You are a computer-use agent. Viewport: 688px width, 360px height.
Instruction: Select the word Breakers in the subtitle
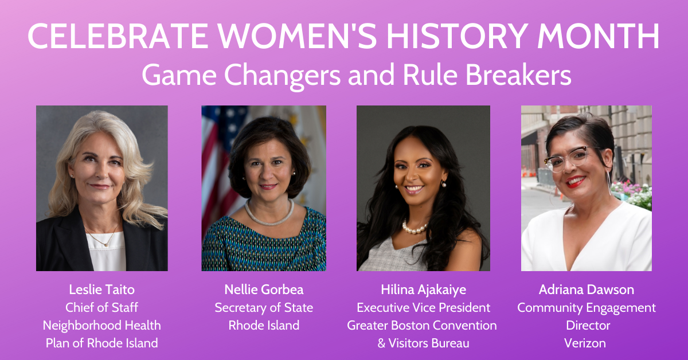[518, 75]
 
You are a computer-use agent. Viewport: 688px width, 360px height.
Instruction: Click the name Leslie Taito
[101, 289]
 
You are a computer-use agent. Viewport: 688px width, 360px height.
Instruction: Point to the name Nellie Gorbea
[264, 289]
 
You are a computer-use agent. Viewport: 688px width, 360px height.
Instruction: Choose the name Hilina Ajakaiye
[423, 290]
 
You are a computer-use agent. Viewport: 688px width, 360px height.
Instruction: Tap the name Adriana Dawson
[587, 289]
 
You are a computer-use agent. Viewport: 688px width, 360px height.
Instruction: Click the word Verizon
[585, 343]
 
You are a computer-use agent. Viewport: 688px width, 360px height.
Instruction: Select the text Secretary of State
[264, 308]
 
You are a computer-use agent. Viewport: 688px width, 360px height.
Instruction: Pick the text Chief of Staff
[101, 307]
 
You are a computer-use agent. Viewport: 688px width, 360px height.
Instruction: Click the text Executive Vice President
[423, 307]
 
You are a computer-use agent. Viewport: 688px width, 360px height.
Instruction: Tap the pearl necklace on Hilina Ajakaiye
[415, 228]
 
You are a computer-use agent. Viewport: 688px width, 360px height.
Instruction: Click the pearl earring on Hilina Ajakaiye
[444, 184]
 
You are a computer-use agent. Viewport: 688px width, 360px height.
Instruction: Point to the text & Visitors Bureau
[423, 343]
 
